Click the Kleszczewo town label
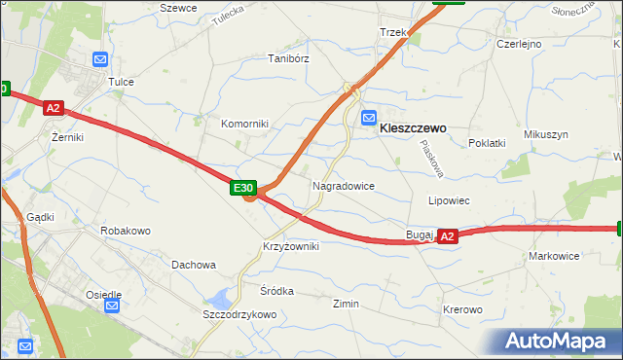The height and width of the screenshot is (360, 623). tap(413, 127)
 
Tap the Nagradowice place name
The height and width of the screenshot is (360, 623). tap(344, 185)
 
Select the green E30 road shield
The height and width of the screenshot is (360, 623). tap(243, 188)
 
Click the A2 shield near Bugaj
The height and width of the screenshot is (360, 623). tap(447, 235)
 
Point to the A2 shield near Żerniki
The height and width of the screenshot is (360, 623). tap(54, 110)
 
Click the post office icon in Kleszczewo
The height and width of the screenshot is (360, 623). tap(369, 119)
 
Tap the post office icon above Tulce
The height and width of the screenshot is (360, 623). tap(99, 60)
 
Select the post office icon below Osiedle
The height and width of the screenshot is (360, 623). tap(112, 306)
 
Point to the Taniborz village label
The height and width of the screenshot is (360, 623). tap(288, 58)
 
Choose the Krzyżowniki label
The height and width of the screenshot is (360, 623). tap(290, 247)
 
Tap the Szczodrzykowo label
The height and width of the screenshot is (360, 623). tap(239, 315)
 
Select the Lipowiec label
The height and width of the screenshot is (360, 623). tap(450, 200)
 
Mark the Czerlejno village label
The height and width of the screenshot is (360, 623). tap(519, 45)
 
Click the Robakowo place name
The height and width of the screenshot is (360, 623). tap(126, 232)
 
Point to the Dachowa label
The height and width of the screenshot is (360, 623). tap(194, 265)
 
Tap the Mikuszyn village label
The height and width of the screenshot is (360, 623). tap(545, 134)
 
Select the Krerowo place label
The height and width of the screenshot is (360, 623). tap(462, 309)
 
